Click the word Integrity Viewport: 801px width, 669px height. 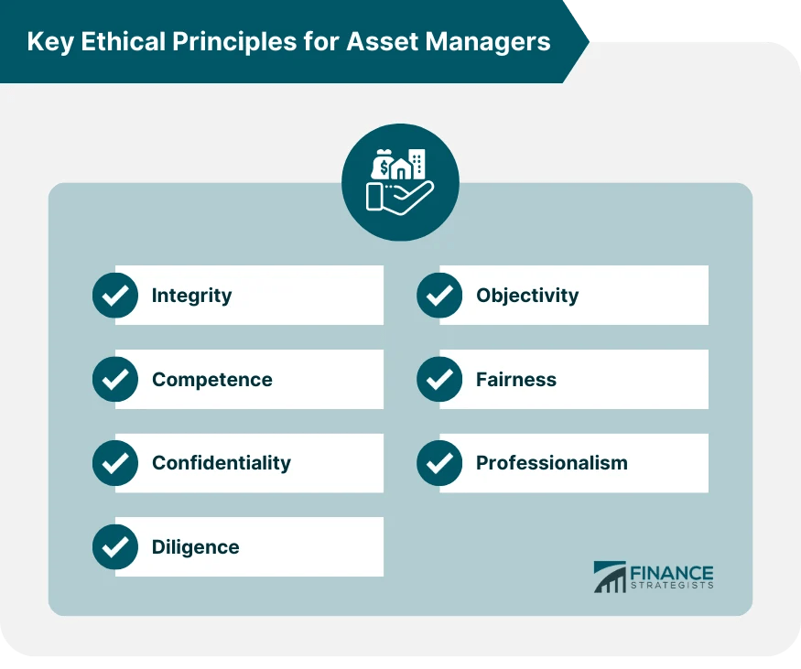coord(191,296)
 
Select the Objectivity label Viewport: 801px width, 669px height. coord(527,296)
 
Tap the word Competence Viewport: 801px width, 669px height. coord(211,380)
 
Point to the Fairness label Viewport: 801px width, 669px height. coord(515,380)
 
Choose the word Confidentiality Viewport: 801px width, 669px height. coord(221,463)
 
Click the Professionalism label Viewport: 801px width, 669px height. coord(551,463)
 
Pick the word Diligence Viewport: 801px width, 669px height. coord(195,547)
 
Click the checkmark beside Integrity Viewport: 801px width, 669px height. coord(115,296)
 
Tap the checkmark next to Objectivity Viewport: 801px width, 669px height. coord(439,296)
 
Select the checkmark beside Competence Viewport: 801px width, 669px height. coord(115,380)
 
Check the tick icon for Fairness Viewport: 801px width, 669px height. coord(439,380)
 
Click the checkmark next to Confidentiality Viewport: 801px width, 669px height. coord(115,463)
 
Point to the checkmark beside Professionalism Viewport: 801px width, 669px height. coord(439,463)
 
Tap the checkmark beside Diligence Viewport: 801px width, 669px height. coord(115,547)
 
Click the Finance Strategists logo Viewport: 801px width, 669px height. coord(653,577)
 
